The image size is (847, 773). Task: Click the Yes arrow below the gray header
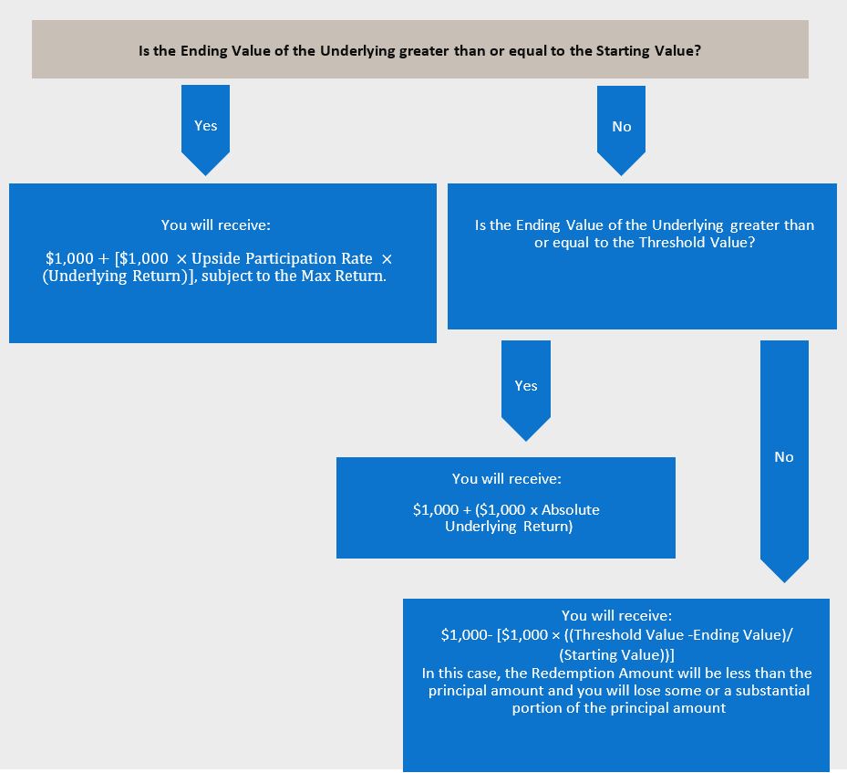(x=205, y=130)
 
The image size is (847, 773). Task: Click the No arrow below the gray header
(x=621, y=131)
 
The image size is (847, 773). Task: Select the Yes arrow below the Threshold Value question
(x=525, y=391)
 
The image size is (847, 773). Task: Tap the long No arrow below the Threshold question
(x=784, y=461)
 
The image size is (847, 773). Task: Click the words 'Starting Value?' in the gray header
(x=648, y=51)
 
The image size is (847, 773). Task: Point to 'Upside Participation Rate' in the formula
(x=282, y=259)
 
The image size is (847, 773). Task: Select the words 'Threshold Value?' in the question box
(x=697, y=242)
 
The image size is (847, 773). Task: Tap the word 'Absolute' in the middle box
(x=571, y=510)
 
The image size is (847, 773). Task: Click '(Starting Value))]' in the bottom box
(x=617, y=655)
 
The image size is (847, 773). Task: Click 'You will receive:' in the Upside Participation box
(x=215, y=225)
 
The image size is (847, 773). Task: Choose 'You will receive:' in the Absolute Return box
(x=507, y=479)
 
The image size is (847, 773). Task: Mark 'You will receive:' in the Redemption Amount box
(x=617, y=616)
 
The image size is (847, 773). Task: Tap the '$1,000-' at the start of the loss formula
(x=467, y=634)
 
